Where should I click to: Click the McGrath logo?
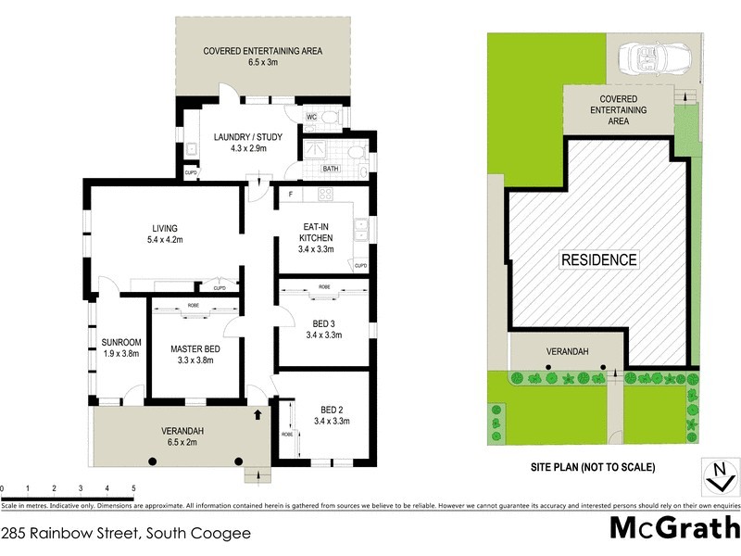click(673, 527)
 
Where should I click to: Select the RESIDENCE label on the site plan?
click(599, 260)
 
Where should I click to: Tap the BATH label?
click(330, 169)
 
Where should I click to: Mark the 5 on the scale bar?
click(133, 487)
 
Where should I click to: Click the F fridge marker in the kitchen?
click(290, 195)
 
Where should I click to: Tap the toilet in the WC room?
click(331, 117)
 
